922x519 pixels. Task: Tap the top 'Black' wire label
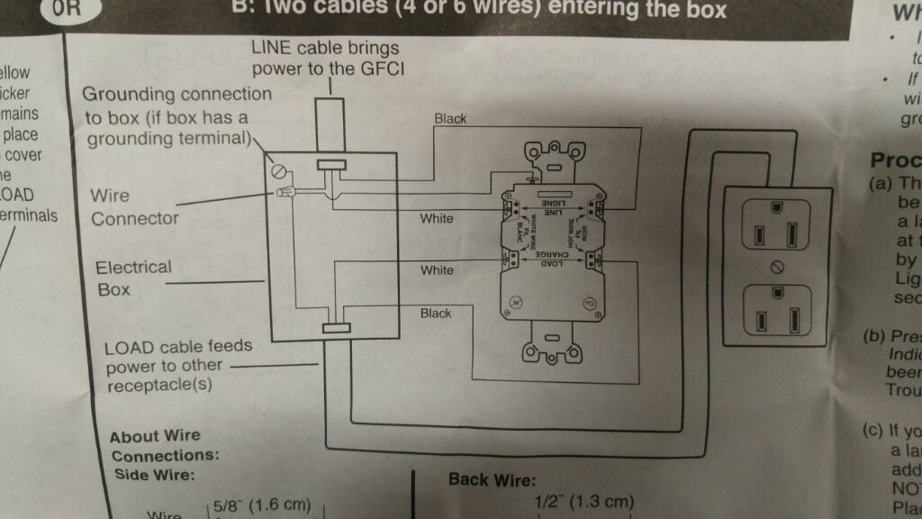coord(450,118)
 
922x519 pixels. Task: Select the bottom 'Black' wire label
coord(436,313)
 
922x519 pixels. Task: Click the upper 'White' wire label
coord(437,219)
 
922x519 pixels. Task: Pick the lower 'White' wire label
coord(437,270)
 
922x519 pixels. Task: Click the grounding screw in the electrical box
coord(278,168)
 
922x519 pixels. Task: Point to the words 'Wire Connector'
coord(135,207)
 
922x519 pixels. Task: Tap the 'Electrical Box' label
coord(133,278)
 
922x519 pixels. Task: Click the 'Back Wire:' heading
coord(492,480)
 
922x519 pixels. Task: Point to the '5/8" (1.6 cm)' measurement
coord(262,505)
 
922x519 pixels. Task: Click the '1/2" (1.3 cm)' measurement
coord(583,502)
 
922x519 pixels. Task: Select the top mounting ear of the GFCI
coord(550,156)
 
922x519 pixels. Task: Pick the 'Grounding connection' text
coord(176,94)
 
